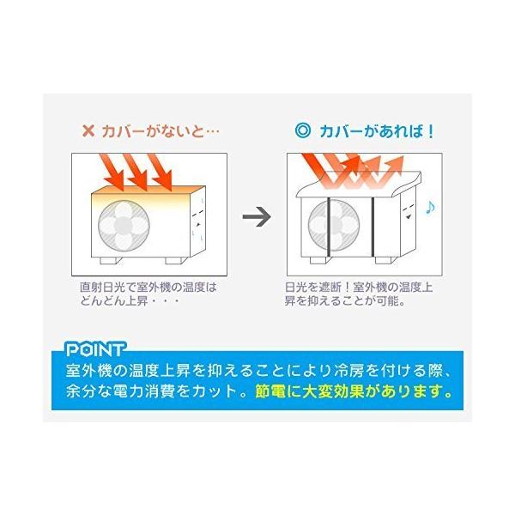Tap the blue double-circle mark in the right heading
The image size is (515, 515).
(300, 132)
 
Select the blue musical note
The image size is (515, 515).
(431, 207)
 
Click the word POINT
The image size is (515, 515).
(95, 350)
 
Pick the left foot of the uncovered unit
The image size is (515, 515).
(108, 258)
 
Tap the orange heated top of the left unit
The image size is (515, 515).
(142, 193)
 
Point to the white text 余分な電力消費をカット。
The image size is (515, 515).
(156, 393)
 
